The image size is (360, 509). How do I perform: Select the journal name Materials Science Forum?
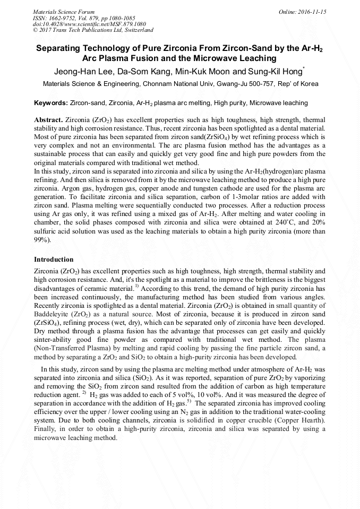click(64, 12)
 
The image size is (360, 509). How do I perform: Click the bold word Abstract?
click(48, 120)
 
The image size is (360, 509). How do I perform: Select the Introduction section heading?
click(54, 260)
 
